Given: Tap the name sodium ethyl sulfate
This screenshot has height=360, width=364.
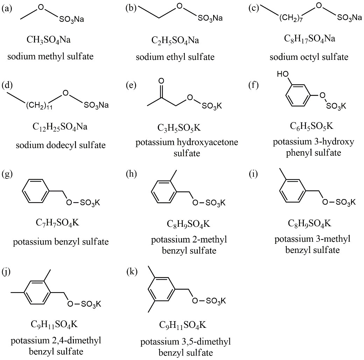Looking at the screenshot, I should click(175, 57).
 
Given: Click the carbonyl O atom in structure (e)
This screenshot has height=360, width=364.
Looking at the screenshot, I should click(162, 81).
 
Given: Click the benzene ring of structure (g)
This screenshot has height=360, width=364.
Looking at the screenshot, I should click(37, 191).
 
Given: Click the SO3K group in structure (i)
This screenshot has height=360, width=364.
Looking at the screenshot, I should click(344, 202).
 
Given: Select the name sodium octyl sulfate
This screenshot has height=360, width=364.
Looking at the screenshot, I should click(309, 57).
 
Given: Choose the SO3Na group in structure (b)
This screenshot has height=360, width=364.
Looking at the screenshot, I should click(210, 18).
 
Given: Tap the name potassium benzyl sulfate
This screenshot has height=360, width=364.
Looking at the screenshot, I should click(61, 242).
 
